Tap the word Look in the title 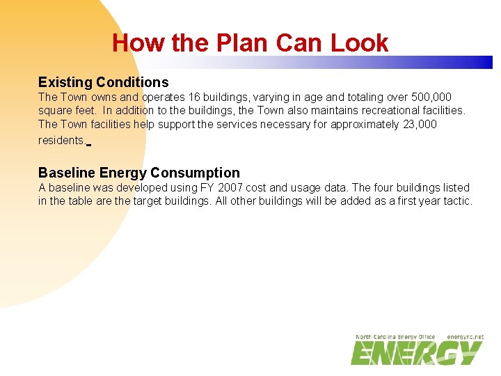(x=360, y=43)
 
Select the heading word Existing (x=65, y=82)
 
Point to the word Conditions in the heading (x=132, y=82)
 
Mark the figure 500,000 (x=431, y=97)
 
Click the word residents (x=61, y=140)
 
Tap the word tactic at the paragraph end (x=456, y=201)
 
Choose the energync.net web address (x=465, y=337)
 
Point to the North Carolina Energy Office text (x=395, y=337)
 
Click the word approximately (x=365, y=124)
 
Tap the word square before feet (x=55, y=110)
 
